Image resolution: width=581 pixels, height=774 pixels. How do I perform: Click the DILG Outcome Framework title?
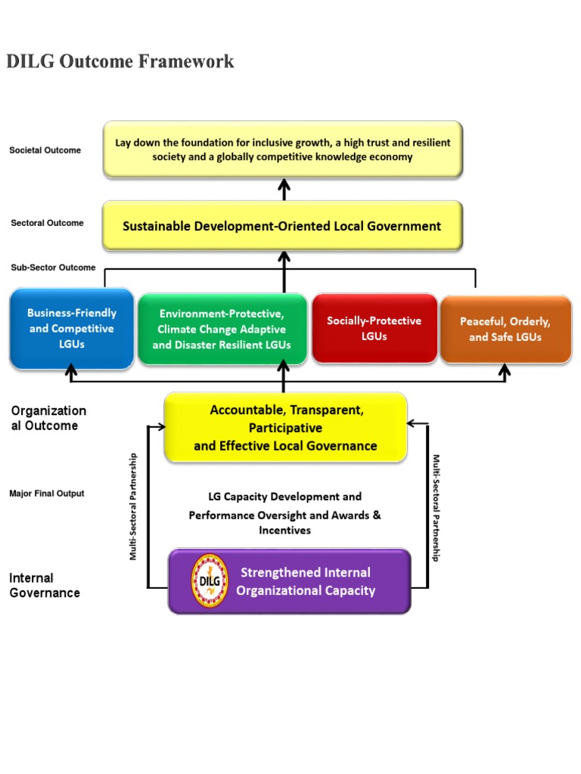pyautogui.click(x=120, y=61)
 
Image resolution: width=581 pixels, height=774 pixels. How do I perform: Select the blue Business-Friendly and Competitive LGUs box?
pyautogui.click(x=72, y=329)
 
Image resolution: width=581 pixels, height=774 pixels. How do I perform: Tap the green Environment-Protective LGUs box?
pyautogui.click(x=222, y=329)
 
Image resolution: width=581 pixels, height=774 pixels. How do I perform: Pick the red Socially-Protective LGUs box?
pyautogui.click(x=374, y=328)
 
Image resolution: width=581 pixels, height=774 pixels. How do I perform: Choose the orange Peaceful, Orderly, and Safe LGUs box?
pyautogui.click(x=505, y=330)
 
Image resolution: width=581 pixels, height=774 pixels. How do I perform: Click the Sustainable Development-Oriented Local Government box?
pyautogui.click(x=282, y=225)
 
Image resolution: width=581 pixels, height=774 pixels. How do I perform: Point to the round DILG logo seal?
pyautogui.click(x=210, y=580)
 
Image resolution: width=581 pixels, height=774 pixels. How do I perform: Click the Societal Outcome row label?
pyautogui.click(x=45, y=150)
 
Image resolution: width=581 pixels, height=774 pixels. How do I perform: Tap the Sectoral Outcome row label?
pyautogui.click(x=47, y=223)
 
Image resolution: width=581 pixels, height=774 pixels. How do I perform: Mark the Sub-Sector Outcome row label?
pyautogui.click(x=53, y=268)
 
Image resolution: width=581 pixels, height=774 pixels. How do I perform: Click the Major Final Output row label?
pyautogui.click(x=47, y=494)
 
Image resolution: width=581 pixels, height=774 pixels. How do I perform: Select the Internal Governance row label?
pyautogui.click(x=45, y=586)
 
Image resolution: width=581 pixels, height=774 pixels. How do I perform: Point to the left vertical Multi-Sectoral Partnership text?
pyautogui.click(x=133, y=506)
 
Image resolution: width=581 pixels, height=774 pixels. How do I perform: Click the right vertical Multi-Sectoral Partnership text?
pyautogui.click(x=436, y=507)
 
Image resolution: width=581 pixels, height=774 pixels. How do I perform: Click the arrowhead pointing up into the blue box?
pyautogui.click(x=72, y=370)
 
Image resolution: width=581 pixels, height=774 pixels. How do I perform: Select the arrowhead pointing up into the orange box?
pyautogui.click(x=505, y=370)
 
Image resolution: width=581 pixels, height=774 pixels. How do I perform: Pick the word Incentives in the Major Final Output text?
pyautogui.click(x=284, y=530)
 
